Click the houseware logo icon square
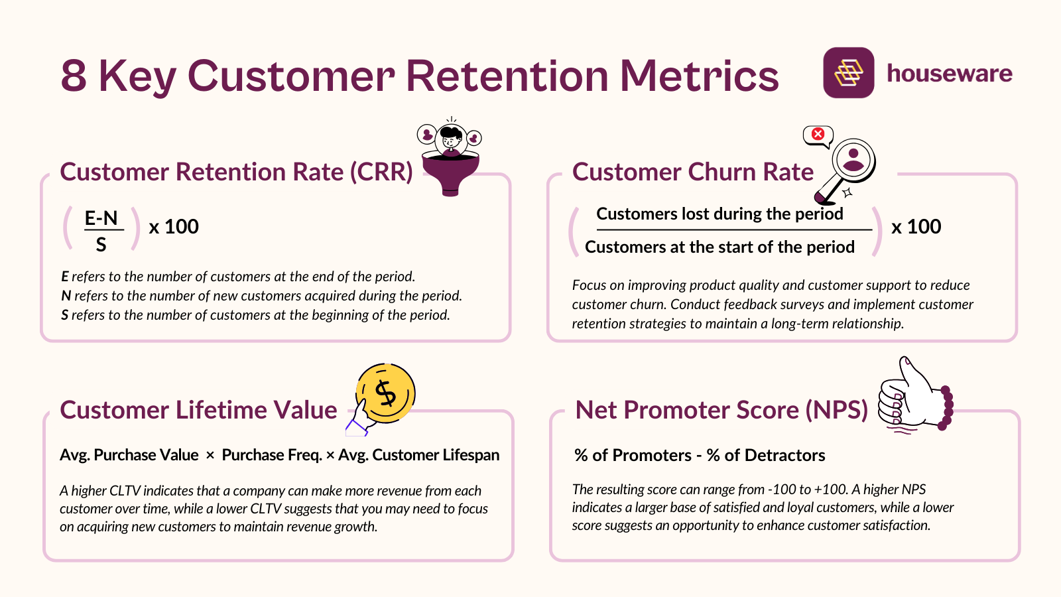point(848,73)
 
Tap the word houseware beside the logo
point(949,73)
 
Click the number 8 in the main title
point(74,76)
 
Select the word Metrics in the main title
point(699,76)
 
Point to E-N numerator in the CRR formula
point(101,218)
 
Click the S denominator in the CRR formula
point(101,245)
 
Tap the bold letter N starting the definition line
point(66,296)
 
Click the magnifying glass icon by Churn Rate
point(849,167)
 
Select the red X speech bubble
point(818,135)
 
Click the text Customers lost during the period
point(719,214)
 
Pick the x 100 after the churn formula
point(916,227)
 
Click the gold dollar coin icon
point(385,393)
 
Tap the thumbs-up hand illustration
point(912,397)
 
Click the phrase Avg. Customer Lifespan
point(418,455)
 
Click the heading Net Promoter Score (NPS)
point(721,410)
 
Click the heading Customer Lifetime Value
point(198,410)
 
